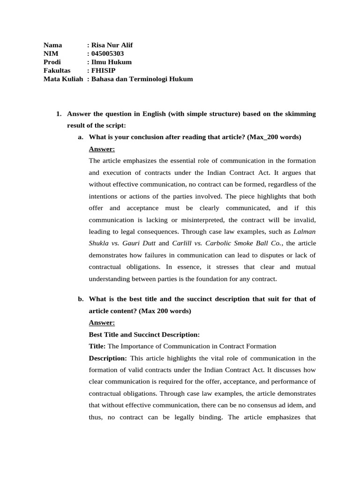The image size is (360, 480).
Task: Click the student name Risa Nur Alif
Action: coord(112,45)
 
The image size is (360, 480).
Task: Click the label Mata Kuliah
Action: coord(63,79)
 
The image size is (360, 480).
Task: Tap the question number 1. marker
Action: coord(59,114)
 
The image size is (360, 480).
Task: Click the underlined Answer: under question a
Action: coord(102,149)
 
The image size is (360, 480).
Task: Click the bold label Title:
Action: coord(97,346)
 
